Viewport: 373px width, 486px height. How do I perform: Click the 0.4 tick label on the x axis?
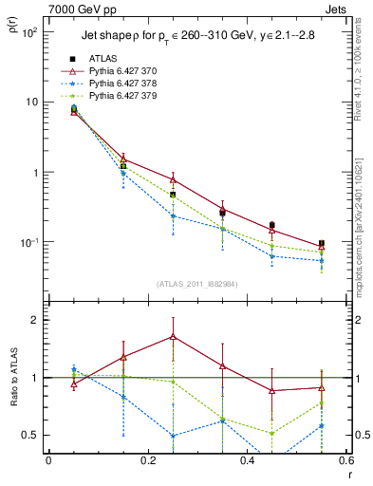click(x=248, y=461)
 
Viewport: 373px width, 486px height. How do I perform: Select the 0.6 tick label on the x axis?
click(x=346, y=461)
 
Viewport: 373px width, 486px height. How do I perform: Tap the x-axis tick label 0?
click(x=48, y=461)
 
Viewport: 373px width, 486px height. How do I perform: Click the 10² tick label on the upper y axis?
click(x=29, y=32)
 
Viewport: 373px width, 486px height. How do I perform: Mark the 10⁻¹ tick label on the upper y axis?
click(x=29, y=243)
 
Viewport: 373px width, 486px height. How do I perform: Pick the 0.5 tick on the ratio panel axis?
click(x=31, y=435)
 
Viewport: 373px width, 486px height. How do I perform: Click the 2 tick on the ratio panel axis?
click(x=36, y=320)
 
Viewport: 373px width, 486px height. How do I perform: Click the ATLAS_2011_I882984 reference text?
click(x=196, y=284)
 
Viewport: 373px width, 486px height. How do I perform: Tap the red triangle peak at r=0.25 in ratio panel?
click(x=173, y=336)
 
